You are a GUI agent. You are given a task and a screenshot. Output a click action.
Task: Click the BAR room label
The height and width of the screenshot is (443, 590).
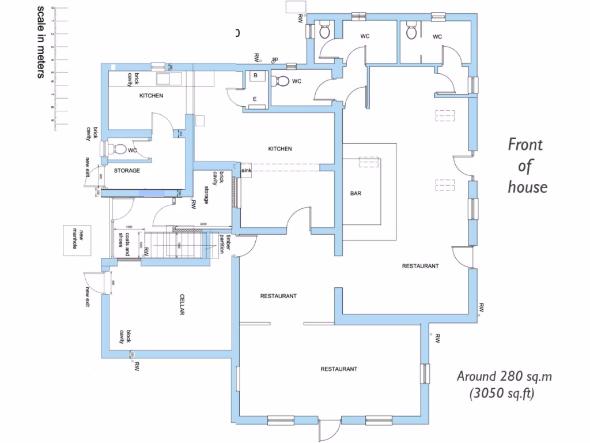tap(355, 194)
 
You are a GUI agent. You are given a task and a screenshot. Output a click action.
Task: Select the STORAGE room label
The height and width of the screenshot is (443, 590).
tap(127, 171)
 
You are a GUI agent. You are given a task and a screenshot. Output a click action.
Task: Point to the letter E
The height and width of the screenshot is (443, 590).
tap(255, 99)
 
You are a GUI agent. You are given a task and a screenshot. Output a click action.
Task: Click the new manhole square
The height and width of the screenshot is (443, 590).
tap(78, 240)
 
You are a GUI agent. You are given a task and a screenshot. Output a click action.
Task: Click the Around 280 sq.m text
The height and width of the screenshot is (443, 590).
tap(505, 377)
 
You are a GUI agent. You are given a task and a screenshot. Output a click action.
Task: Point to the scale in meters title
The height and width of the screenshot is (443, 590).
tap(41, 42)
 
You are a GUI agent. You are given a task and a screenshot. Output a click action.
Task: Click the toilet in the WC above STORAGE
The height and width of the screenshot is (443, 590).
tap(119, 149)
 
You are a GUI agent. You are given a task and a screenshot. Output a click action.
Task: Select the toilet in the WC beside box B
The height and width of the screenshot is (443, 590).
tap(282, 81)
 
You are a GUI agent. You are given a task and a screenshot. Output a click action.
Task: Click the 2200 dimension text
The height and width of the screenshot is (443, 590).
tap(203, 224)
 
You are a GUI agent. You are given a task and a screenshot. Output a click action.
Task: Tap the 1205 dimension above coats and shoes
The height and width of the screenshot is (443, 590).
tap(129, 227)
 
